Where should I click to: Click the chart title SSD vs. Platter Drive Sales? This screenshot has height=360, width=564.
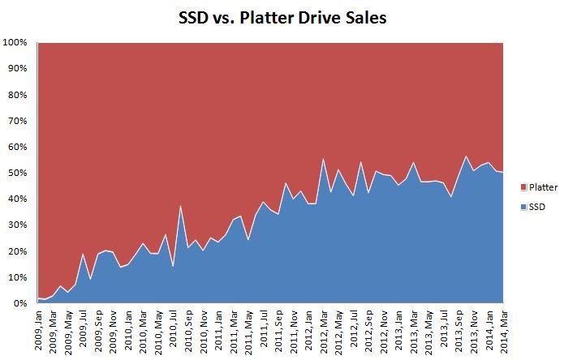click(282, 16)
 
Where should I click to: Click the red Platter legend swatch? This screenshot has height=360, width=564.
click(512, 187)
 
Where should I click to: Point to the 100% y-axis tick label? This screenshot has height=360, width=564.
click(15, 42)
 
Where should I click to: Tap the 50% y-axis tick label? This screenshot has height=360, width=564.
click(18, 173)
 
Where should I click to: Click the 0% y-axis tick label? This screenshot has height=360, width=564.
click(20, 303)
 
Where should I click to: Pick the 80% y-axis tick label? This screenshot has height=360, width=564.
click(18, 95)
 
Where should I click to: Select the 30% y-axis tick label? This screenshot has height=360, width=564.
click(18, 225)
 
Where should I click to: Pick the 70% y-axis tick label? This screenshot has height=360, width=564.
click(18, 121)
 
